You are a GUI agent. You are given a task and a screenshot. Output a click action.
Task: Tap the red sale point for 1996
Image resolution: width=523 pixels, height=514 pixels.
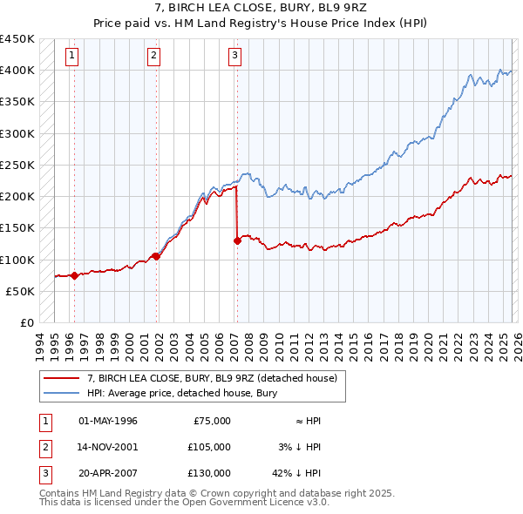click(74, 275)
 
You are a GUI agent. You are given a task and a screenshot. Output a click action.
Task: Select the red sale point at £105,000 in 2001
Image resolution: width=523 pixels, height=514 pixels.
click(157, 256)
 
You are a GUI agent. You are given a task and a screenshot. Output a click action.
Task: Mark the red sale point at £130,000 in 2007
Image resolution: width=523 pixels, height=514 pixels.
click(237, 240)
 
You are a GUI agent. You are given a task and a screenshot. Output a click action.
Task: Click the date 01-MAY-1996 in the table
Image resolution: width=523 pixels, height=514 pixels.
click(107, 421)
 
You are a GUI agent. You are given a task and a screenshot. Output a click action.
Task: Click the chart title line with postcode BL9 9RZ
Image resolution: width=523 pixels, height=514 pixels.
click(261, 10)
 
